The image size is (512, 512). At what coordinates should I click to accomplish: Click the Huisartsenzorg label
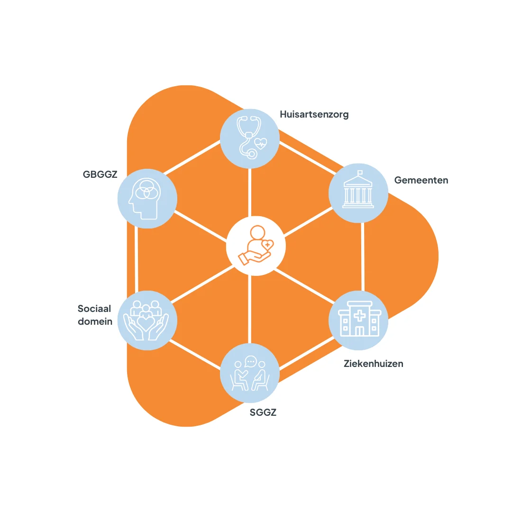point(314,115)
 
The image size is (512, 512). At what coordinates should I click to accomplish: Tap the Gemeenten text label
point(421,180)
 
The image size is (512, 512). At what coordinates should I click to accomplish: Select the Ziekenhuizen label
point(373,364)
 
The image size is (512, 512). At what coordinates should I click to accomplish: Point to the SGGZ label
point(263,412)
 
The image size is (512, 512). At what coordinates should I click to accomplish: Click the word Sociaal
point(94,309)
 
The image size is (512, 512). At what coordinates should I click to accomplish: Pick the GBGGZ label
point(100,174)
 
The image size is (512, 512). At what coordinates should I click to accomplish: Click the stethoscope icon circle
point(249,137)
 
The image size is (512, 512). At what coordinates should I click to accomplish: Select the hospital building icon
point(358,320)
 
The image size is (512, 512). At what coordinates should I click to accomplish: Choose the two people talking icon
point(249,373)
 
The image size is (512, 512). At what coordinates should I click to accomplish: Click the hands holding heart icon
point(146,320)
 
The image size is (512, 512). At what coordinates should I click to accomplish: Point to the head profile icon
point(146,198)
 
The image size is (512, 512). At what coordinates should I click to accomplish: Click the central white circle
point(256,246)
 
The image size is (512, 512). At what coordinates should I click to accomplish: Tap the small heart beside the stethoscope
point(261,142)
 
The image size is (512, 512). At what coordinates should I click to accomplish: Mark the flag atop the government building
point(360,173)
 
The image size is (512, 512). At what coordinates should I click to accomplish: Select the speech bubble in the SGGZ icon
point(251,362)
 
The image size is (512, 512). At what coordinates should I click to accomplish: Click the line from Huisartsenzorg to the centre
point(250,192)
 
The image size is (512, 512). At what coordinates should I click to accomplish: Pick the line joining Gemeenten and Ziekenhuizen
point(363,256)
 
